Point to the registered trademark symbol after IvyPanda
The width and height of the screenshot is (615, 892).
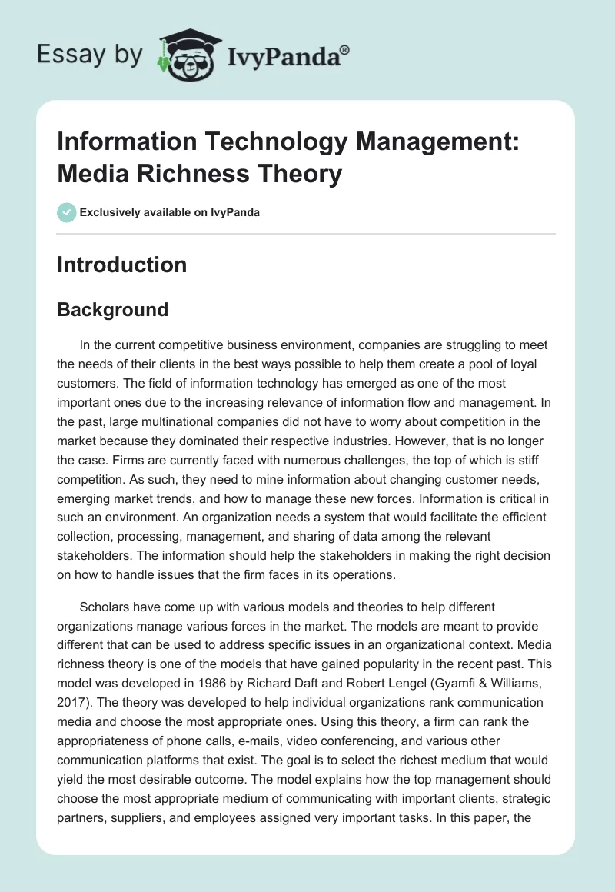pos(345,49)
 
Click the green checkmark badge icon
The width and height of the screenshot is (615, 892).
pos(67,212)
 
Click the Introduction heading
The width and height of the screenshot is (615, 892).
pos(121,265)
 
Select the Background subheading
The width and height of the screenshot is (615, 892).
pos(112,310)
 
